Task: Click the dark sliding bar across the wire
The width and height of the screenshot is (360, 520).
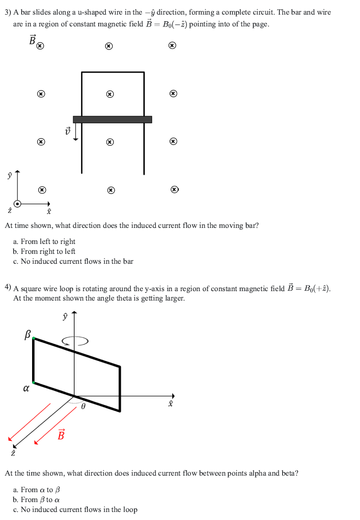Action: click(112, 119)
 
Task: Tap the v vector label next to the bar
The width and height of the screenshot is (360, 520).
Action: click(67, 130)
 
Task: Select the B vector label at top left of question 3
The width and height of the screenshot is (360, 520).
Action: click(33, 41)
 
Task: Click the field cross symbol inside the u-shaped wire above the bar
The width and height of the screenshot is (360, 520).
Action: click(109, 94)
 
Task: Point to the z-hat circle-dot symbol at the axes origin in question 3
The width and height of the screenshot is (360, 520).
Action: click(17, 204)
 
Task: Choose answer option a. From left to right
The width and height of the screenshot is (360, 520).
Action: click(44, 242)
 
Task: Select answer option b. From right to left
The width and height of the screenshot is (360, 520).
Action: click(44, 252)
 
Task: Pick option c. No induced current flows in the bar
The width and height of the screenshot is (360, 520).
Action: click(73, 261)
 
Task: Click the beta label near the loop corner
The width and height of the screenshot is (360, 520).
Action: click(27, 335)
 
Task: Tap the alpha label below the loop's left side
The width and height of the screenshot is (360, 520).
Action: click(26, 389)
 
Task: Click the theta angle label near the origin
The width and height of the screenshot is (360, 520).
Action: click(83, 405)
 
